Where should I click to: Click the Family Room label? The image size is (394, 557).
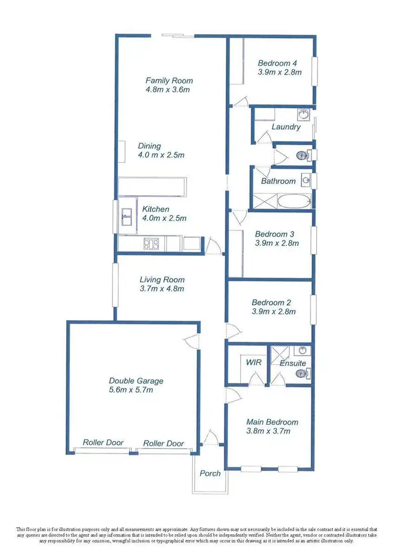(x=169, y=80)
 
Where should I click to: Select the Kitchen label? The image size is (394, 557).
(x=155, y=209)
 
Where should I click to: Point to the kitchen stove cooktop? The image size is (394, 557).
(x=152, y=244)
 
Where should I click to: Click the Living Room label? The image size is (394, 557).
(x=162, y=280)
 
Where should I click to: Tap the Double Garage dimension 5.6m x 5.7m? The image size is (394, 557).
(x=136, y=390)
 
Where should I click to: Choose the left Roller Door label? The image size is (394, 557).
(x=103, y=443)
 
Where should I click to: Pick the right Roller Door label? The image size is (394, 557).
(x=164, y=443)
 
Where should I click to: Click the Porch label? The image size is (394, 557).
(x=210, y=473)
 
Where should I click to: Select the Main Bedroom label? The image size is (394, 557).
(x=272, y=422)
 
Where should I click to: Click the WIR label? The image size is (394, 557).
(x=254, y=362)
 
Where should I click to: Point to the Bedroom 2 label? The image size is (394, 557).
(x=275, y=302)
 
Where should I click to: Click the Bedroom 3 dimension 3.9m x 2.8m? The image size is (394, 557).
(x=276, y=243)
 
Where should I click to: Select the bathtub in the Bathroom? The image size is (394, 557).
(x=290, y=201)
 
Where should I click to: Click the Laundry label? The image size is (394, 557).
(x=286, y=127)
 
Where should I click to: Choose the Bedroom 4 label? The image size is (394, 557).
(x=278, y=64)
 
